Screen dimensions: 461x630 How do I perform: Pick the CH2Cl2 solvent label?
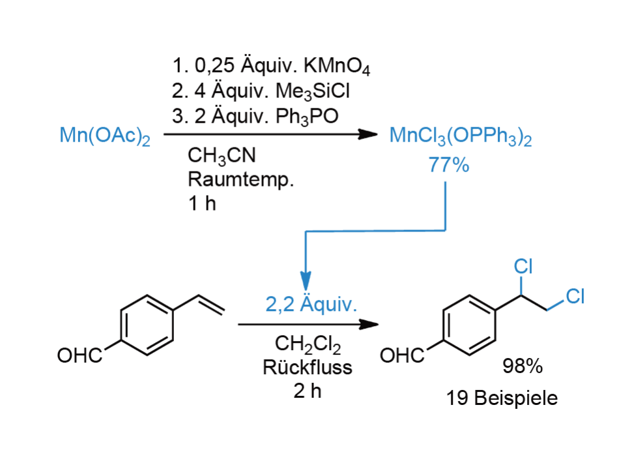pyautogui.click(x=308, y=344)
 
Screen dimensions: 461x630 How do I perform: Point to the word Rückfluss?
pyautogui.click(x=308, y=367)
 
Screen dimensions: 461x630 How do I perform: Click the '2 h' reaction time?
pyautogui.click(x=308, y=391)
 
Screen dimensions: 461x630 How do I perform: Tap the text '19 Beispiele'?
pyautogui.click(x=502, y=398)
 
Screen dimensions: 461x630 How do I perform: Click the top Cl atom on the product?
pyautogui.click(x=523, y=267)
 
